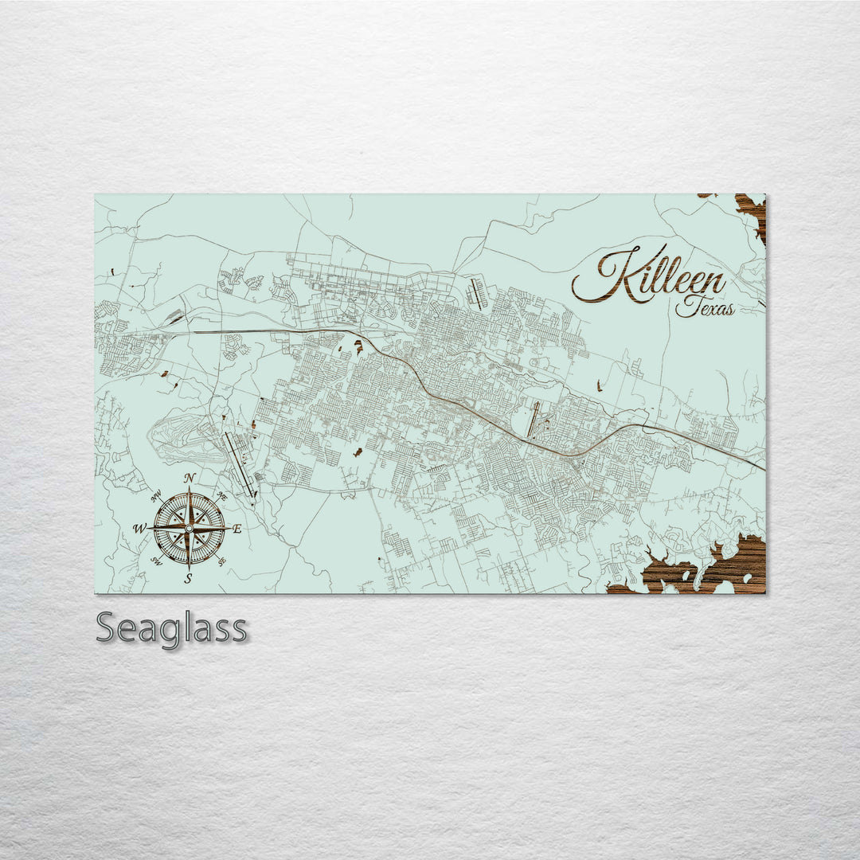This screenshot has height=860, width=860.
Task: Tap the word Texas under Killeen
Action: (x=706, y=307)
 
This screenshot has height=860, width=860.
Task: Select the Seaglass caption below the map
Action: (x=171, y=628)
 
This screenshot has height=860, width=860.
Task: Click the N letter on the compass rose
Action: (x=190, y=478)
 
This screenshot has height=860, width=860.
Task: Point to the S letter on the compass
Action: (x=189, y=579)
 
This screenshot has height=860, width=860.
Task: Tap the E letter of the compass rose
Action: (x=236, y=529)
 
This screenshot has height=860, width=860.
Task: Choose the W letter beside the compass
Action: (x=139, y=529)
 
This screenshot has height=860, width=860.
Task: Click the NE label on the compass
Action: (x=222, y=496)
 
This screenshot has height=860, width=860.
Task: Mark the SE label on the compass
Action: (x=222, y=561)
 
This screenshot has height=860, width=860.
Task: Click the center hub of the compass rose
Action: (x=189, y=528)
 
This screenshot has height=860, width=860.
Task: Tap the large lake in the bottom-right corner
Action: (x=701, y=569)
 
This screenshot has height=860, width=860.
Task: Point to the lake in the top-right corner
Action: (x=752, y=210)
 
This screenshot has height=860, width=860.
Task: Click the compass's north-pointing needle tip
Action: (x=190, y=487)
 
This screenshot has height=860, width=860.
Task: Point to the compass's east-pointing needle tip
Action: (x=229, y=528)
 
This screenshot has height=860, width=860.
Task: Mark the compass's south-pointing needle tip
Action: (x=189, y=569)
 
